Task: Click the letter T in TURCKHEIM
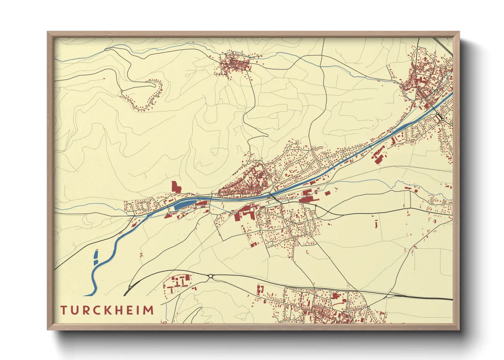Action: coord(64,310)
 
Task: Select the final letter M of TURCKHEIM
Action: coord(148,310)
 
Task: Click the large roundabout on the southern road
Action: coord(210,276)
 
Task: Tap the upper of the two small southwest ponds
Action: coord(96,255)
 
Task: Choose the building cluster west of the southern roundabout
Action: coord(178,283)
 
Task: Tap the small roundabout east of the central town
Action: coord(316,206)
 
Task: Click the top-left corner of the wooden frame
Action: coord(48,32)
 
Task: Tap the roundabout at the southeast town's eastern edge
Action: coord(368,308)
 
